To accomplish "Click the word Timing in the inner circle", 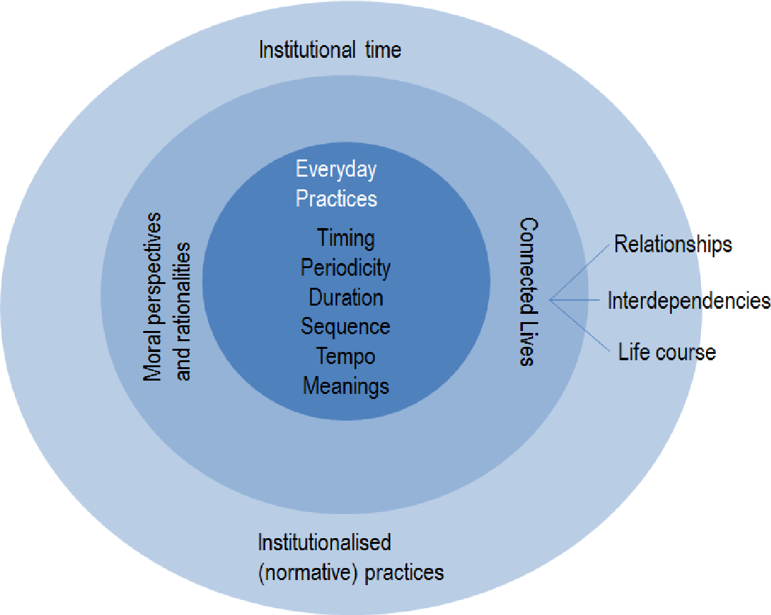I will (345, 239).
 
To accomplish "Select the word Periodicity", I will (345, 268).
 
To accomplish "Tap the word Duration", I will (345, 297).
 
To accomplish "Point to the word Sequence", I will (345, 327).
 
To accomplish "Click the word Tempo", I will (345, 356).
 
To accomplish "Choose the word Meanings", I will (345, 385).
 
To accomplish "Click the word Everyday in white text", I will (336, 170).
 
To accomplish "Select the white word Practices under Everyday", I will (336, 199).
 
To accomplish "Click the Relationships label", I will (672, 245).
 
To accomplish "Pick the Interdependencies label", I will (689, 300).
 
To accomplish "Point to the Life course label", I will (667, 352).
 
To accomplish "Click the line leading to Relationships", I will (580, 271).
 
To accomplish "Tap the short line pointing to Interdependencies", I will (575, 300).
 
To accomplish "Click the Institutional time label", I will (330, 50).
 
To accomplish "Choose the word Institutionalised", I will (324, 543).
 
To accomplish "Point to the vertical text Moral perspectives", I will (152, 297).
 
